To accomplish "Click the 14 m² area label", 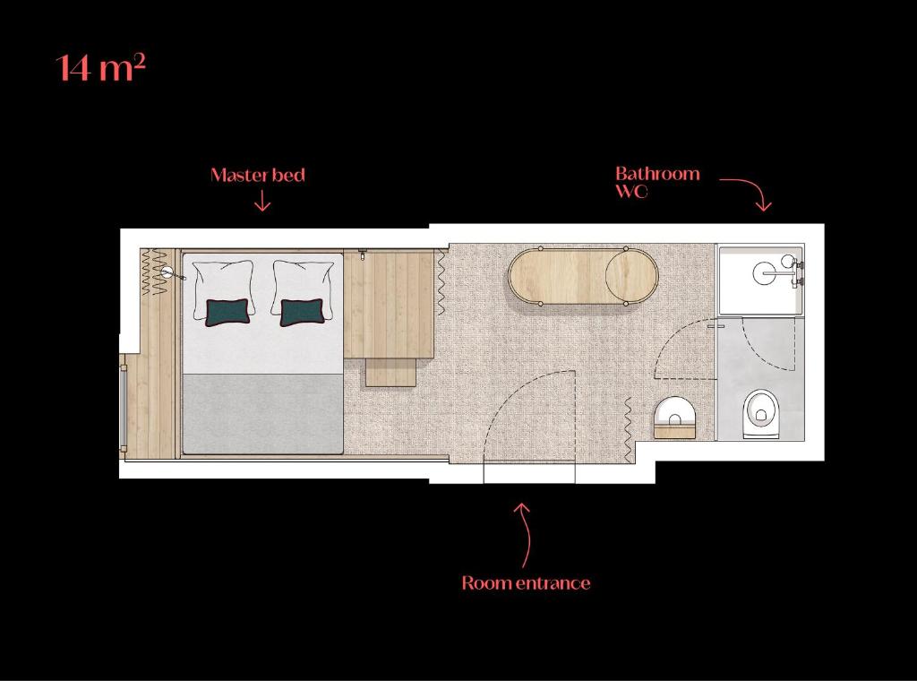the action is coord(100,67).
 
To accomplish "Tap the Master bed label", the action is coord(258,175).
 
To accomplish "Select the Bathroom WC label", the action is coord(657,182).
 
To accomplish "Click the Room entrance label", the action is coord(526,582).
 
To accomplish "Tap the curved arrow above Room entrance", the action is coord(527,533).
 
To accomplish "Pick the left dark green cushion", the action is coord(227,313).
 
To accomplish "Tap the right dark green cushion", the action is coord(302,313).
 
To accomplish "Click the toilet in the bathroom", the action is coord(761,414).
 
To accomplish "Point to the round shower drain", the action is coord(766,273).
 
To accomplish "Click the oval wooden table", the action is coord(583,277).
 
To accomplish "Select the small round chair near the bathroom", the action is coord(675,418).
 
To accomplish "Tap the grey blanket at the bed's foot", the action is coord(262,413).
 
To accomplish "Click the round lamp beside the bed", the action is coord(167,272).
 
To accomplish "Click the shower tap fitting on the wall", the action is coord(796,273).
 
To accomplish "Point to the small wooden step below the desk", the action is coord(390,373).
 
